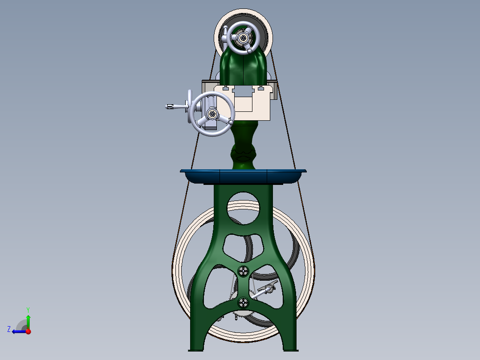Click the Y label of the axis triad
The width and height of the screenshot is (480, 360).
click(x=28, y=309)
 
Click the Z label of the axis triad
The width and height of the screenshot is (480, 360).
click(x=9, y=329)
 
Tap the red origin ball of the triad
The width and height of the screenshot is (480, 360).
click(x=28, y=331)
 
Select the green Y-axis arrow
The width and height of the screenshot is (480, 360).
click(x=28, y=321)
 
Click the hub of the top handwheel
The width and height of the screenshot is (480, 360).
click(x=243, y=38)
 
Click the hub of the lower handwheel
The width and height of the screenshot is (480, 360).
click(x=212, y=115)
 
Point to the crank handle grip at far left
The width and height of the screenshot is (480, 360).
click(x=170, y=106)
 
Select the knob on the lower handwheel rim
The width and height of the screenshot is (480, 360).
click(x=230, y=121)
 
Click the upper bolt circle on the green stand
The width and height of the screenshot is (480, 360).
click(x=243, y=271)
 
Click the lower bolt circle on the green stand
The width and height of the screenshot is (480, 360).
click(x=243, y=303)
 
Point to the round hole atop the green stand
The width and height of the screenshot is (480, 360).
click(x=243, y=208)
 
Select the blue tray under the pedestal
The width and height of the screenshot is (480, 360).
click(x=243, y=176)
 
